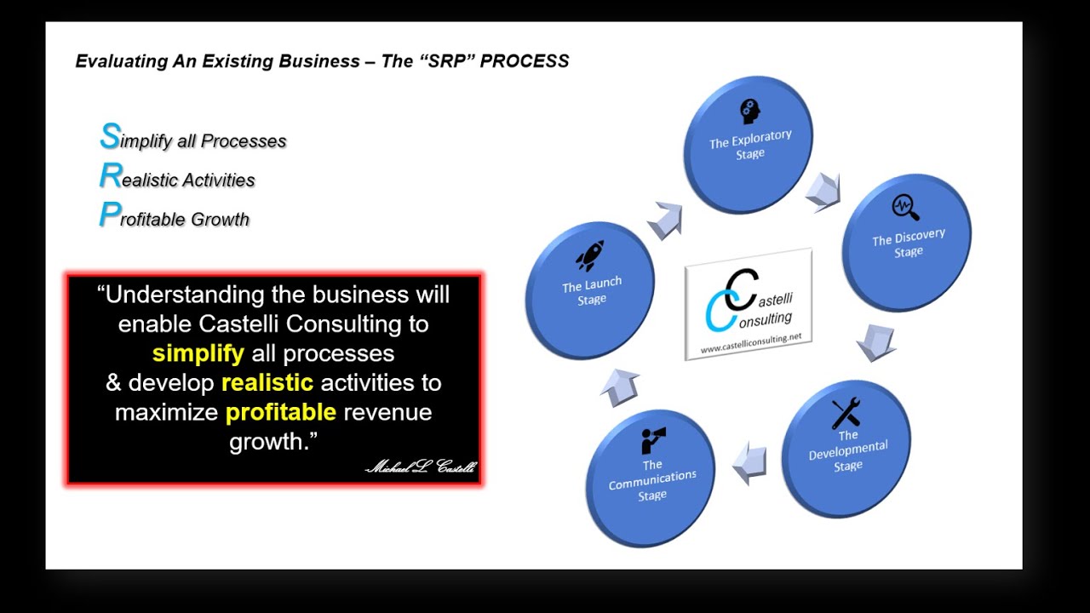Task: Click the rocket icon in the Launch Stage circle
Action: point(589,256)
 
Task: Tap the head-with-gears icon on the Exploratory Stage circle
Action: point(749,112)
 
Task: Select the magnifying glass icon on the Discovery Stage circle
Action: point(905,208)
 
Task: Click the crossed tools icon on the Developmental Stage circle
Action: point(846,414)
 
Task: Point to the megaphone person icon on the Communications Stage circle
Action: point(653,441)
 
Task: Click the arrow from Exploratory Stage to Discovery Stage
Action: point(823,191)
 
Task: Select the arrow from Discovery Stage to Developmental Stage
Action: point(875,341)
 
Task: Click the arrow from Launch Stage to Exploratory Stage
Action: point(665,221)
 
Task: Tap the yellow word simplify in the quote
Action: point(198,353)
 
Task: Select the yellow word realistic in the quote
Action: point(267,383)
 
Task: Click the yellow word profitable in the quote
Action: point(281,413)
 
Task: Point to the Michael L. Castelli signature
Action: point(421,467)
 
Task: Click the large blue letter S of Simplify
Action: point(109,136)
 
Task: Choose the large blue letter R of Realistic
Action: point(110,176)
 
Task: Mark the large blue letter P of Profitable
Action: point(108,215)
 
